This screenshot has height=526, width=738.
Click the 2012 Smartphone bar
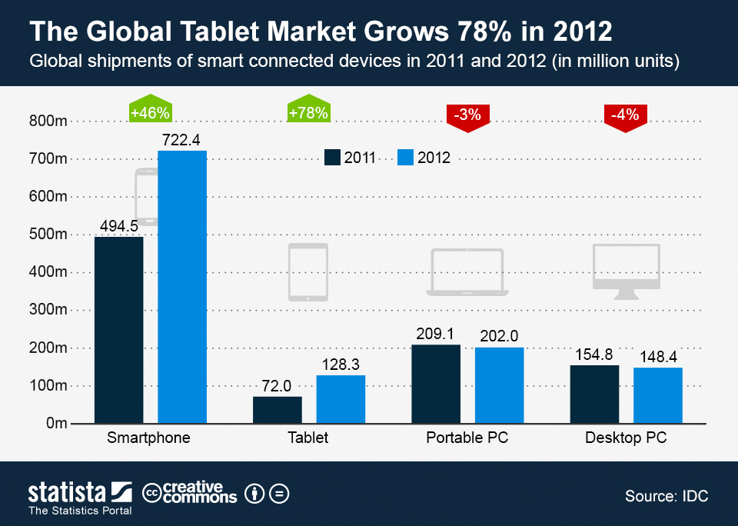pos(182,287)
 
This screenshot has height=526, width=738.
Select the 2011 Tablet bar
pos(277,410)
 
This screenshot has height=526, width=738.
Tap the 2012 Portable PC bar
pos(499,385)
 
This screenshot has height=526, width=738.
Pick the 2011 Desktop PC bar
pos(594,394)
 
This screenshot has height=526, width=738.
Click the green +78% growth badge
pos(308,113)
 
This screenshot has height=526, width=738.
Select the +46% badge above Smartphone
pos(150,113)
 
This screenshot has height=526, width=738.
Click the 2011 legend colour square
pos(332,158)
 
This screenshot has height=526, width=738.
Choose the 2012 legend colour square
pos(406,158)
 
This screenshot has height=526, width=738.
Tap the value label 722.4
pos(181,140)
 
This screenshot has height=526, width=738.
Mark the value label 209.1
pos(436,335)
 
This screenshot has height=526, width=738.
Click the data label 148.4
pos(658,357)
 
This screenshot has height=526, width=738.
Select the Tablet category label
pos(308,438)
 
